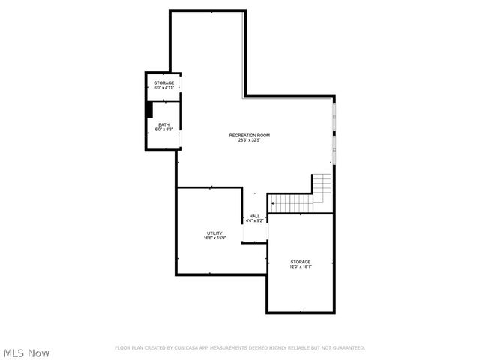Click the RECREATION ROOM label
[x=249, y=135]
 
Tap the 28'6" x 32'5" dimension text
[x=249, y=140]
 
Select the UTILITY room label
[x=214, y=233]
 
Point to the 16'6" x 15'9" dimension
[x=214, y=238]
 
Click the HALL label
[x=254, y=216]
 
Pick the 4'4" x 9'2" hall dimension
[x=254, y=221]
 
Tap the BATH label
[x=163, y=124]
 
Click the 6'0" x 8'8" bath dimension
[x=163, y=130]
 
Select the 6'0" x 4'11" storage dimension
[x=163, y=88]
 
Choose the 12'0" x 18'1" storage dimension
[x=301, y=267]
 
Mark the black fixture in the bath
[x=150, y=110]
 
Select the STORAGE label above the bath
[x=163, y=82]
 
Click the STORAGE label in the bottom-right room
[x=301, y=262]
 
